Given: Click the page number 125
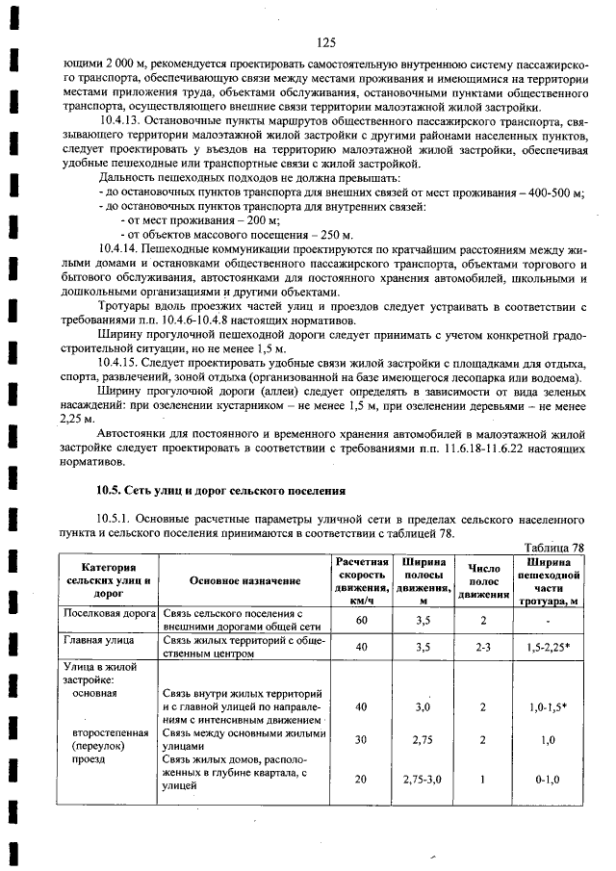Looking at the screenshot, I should click(324, 42).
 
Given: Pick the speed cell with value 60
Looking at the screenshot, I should click(361, 620).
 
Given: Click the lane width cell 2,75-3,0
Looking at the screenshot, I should click(421, 778).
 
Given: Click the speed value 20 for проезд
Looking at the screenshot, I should click(361, 778).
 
